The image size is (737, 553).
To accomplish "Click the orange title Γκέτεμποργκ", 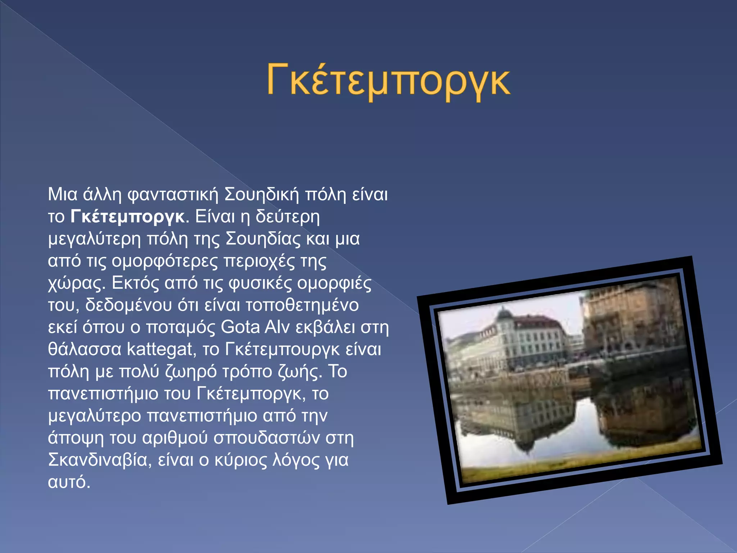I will pos(388,81).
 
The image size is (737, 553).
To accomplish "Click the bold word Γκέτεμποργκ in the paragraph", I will pos(128,217).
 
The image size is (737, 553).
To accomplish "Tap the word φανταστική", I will pos(173,195).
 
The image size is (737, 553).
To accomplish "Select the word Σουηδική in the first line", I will pos(262,195).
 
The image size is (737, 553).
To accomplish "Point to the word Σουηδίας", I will pos(263,239).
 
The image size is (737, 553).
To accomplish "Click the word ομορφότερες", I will pos(165,261).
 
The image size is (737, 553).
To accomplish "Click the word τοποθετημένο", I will pos(302,305).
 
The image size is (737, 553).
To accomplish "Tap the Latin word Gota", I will pos(240,327).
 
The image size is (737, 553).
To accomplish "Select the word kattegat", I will pos(159,349).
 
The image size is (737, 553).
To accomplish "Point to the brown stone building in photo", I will pos(633,317).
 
